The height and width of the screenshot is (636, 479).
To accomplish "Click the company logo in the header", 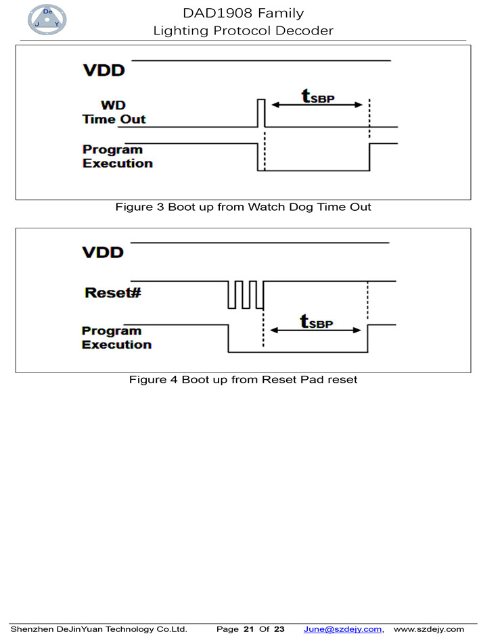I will pos(47,20).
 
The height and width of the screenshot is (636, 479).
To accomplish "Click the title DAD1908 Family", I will pos(243,13).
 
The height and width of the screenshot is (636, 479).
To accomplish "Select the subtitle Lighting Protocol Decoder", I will pos(243,30).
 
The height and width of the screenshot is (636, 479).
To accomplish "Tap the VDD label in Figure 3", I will pos(104,70).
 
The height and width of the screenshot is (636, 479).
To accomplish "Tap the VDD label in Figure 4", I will pos(103,252).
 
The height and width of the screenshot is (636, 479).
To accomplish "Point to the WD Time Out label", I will pos(114,113).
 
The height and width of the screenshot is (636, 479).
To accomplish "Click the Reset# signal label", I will pos(112,293).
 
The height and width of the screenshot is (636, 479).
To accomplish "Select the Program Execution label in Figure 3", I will pos(117,156).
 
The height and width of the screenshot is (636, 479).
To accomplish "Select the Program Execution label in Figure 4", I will pos(116,337).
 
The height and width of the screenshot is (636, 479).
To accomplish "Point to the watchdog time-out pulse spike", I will pos(260,113).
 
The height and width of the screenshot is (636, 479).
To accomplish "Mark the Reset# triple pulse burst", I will pos(245,294).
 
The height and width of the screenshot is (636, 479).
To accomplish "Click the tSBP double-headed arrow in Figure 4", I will pos(316,330).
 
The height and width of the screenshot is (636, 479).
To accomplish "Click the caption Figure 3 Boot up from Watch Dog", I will pos(243,207).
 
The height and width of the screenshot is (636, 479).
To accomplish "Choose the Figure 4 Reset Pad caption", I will pos(243,380).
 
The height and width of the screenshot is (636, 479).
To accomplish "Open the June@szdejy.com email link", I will pos(342,629).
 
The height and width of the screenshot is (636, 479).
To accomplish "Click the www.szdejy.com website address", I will pos(429,629).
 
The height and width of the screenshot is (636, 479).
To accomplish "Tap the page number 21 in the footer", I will pos(248,629).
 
